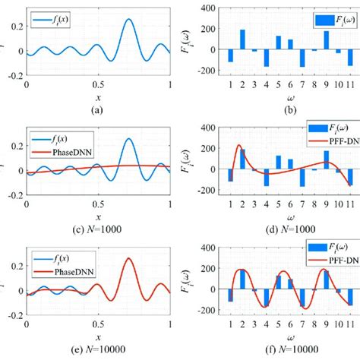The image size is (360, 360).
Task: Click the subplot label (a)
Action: coord(98,109)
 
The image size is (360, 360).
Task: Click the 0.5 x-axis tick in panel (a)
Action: coord(98,85)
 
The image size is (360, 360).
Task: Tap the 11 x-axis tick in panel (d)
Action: coord(351,206)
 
